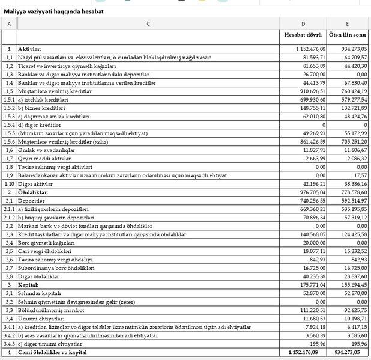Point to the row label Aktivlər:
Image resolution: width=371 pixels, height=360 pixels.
coord(29,48)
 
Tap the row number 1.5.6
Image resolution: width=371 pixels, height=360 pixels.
coord(9,141)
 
